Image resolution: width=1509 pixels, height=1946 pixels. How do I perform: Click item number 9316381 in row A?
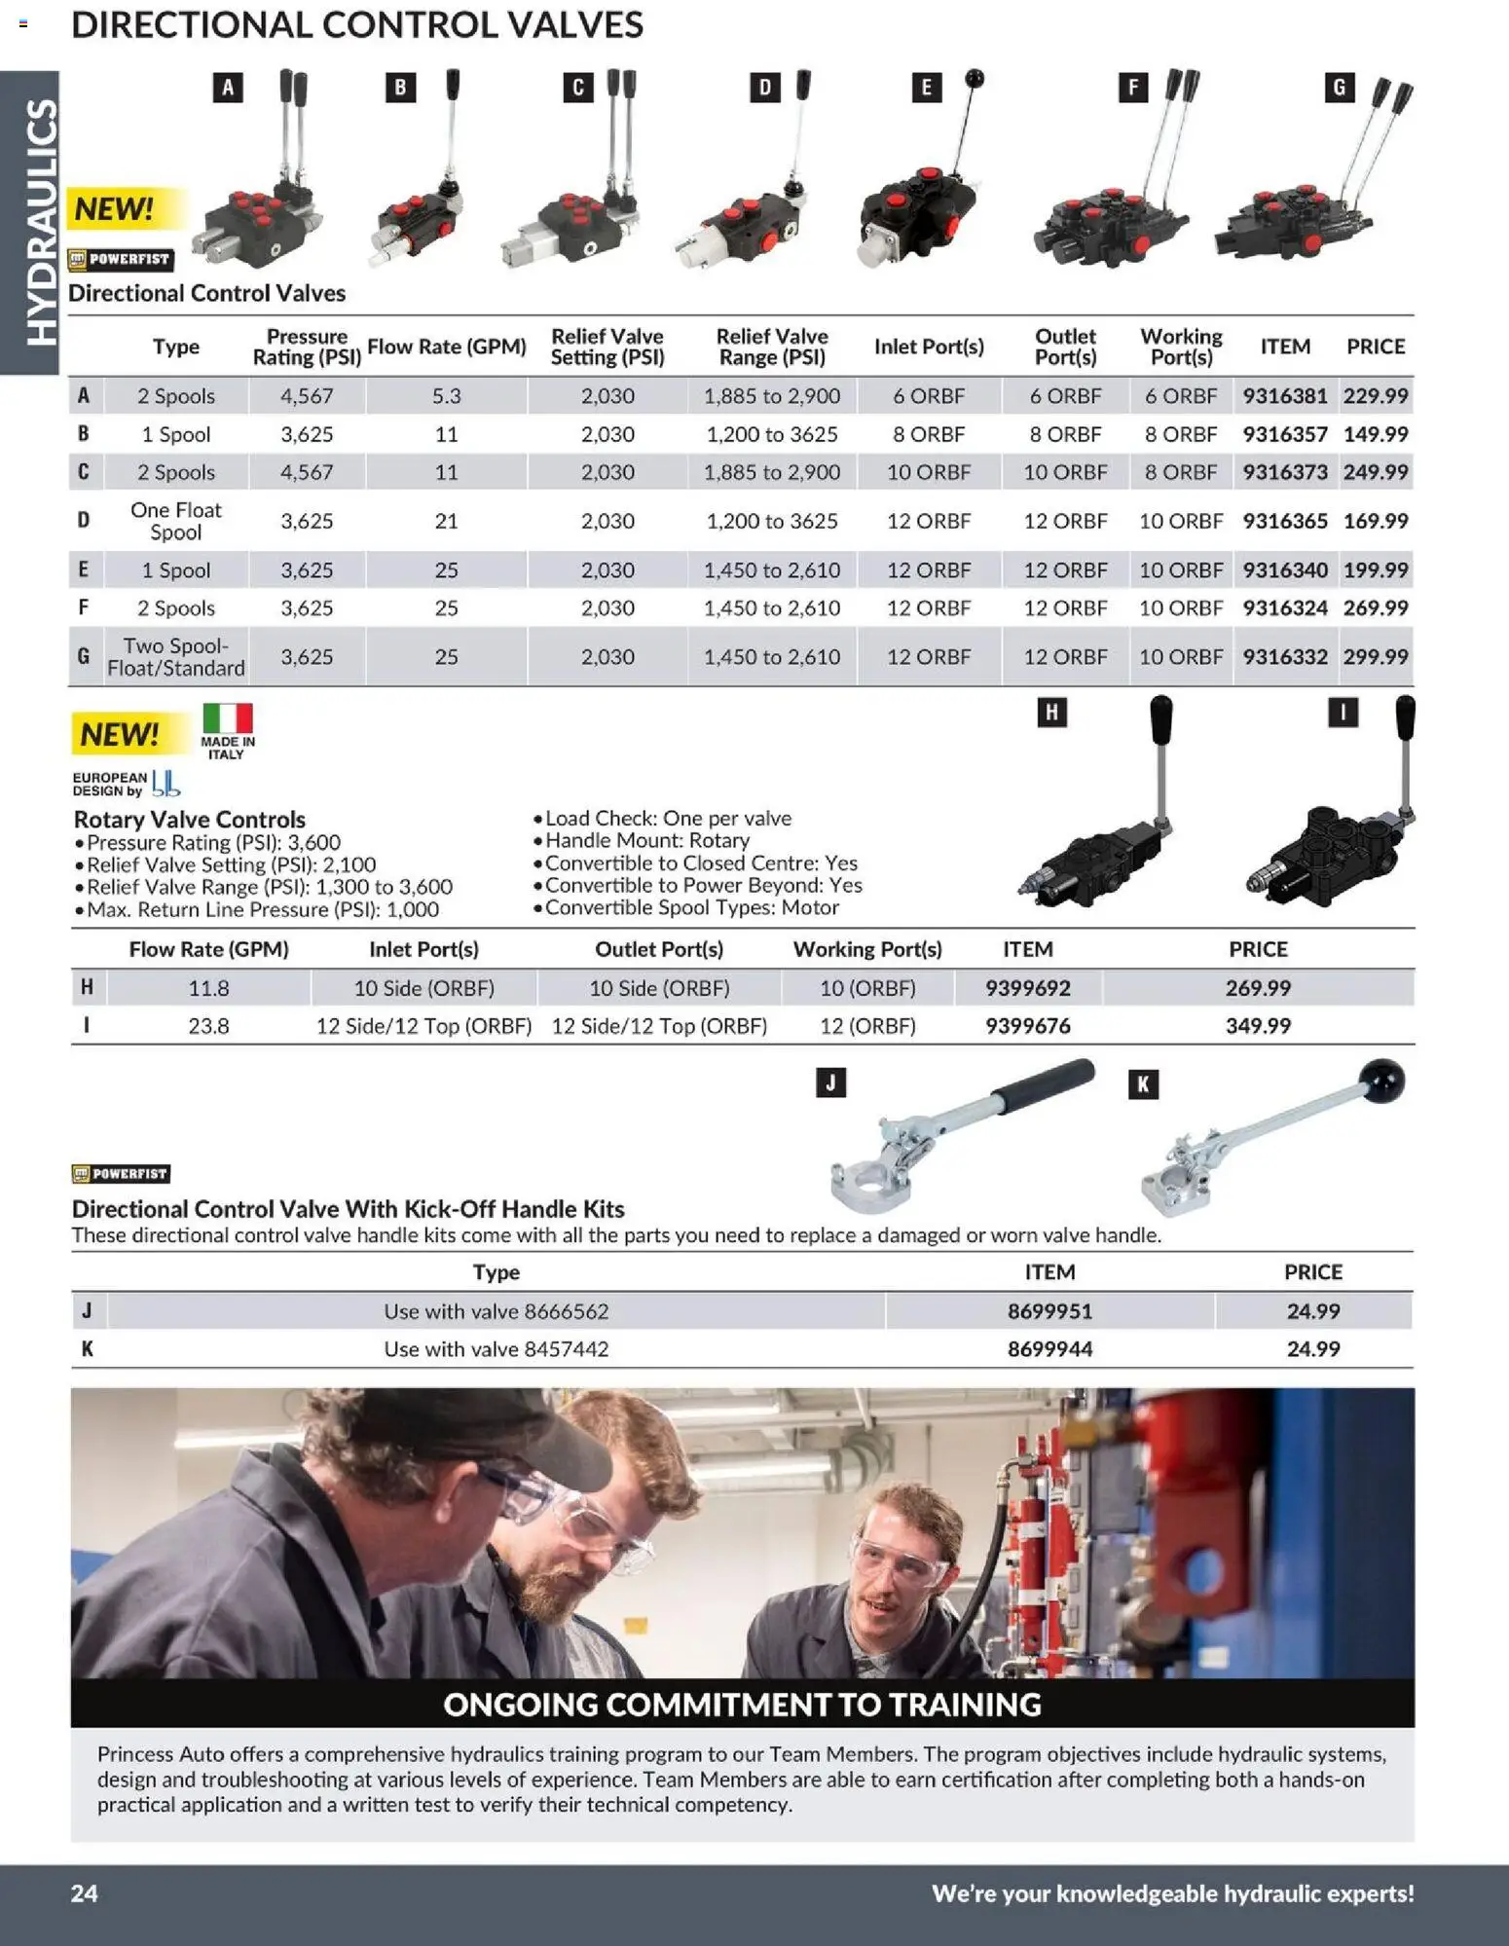(1284, 396)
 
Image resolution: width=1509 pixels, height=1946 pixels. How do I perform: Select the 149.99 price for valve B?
(1375, 434)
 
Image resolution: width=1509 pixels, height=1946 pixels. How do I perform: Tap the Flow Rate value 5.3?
(446, 396)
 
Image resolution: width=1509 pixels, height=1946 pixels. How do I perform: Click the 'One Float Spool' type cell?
(176, 521)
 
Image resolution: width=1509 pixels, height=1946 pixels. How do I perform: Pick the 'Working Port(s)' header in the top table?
(1181, 347)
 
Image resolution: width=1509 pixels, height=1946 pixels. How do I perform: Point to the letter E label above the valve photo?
(926, 89)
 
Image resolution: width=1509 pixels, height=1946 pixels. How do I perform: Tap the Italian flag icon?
(228, 718)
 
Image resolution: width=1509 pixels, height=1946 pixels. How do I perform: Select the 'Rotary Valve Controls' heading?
(190, 819)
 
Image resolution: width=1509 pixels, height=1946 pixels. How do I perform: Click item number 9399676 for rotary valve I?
(1027, 1026)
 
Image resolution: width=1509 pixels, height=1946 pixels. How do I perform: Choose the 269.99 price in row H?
(1258, 988)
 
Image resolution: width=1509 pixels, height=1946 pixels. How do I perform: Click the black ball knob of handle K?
(1383, 1080)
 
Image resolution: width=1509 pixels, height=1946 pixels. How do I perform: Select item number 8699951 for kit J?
(1049, 1311)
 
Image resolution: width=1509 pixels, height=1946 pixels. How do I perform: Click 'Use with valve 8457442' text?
(496, 1349)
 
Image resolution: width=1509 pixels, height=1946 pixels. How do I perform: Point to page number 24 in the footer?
(85, 1893)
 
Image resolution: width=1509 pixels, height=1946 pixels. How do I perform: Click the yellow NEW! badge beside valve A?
(115, 208)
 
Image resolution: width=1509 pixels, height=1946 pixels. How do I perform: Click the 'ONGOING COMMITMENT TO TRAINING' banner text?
(742, 1705)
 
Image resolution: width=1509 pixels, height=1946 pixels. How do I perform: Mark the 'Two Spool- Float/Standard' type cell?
(176, 657)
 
